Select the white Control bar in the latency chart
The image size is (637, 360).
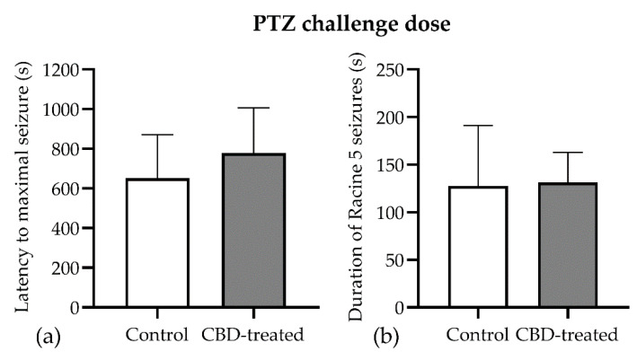[x=158, y=242]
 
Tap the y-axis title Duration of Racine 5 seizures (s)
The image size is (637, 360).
[x=357, y=188]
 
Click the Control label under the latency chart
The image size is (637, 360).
[x=158, y=336]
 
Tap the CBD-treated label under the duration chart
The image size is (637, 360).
[x=567, y=336]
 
